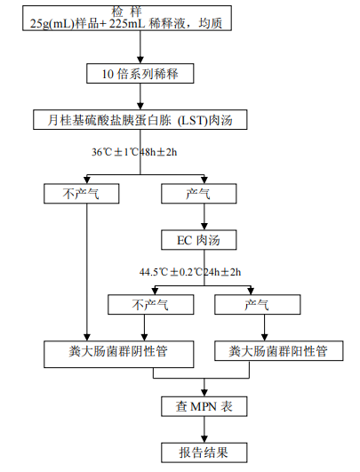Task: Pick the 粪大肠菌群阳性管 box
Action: coord(277,351)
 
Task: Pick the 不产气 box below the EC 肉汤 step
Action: coord(149,305)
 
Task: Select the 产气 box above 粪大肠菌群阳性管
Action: coord(258,305)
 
